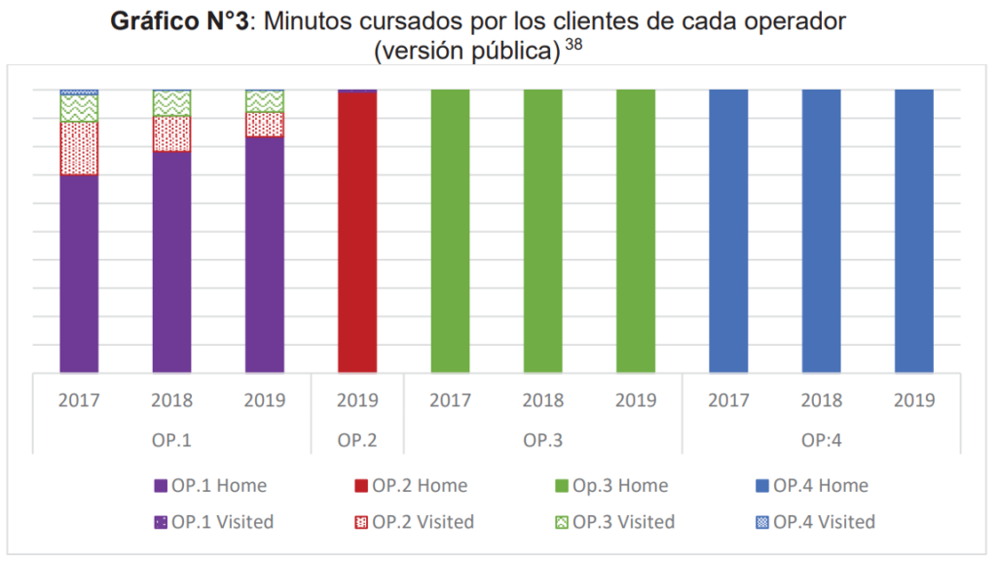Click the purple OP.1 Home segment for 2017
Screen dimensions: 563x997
[x=79, y=273]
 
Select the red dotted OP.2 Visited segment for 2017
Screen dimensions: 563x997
[x=79, y=148]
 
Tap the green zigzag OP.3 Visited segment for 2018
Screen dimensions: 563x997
[x=171, y=103]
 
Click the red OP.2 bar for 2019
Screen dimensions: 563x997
[x=357, y=232]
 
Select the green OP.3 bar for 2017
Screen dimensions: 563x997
[x=450, y=231]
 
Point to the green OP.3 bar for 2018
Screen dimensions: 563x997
[x=542, y=231]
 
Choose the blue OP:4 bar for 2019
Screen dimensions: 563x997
[x=913, y=231]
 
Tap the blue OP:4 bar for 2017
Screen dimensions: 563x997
[x=728, y=231]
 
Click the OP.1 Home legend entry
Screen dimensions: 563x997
[x=210, y=485]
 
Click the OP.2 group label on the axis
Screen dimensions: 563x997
[x=357, y=440]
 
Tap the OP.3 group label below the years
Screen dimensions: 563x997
[x=542, y=440]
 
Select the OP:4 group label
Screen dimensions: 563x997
[x=821, y=440]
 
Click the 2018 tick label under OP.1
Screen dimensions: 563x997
[x=171, y=400]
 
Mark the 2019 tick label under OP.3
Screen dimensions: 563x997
[x=635, y=400]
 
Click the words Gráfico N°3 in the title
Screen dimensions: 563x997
[x=180, y=21]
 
